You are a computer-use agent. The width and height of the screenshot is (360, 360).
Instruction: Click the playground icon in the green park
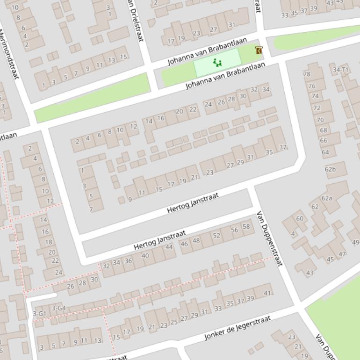coord(217,62)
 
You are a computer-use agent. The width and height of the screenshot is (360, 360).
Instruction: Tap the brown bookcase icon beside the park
coord(259,50)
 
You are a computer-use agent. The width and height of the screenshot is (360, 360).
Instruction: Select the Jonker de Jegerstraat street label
coord(237,328)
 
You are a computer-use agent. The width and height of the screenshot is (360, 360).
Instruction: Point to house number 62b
coord(330,169)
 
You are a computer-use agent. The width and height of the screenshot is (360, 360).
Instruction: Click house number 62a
coord(326,198)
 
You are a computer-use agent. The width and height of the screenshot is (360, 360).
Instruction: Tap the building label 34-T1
coord(340,70)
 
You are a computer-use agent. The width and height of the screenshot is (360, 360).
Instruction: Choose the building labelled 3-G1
coord(39,313)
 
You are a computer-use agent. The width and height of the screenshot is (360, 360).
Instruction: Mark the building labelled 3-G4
coord(58,308)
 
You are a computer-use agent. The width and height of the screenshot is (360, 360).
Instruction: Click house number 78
coord(307,74)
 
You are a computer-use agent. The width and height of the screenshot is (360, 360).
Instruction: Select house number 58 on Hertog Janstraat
coord(246,227)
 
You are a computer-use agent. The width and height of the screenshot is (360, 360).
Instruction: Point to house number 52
coord(216,235)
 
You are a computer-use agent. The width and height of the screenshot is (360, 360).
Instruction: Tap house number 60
coord(300,218)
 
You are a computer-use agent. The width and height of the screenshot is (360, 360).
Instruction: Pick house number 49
coord(355,242)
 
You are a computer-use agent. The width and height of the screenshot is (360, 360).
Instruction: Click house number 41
coord(267,293)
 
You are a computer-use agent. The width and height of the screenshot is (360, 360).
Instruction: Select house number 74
coord(315,96)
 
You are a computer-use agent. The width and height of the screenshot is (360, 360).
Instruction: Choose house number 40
coord(145,256)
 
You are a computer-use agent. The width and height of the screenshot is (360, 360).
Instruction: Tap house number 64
coord(325,152)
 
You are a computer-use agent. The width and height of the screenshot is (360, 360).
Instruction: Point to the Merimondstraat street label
coord(9,54)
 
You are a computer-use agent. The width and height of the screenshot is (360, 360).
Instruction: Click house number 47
coord(342,254)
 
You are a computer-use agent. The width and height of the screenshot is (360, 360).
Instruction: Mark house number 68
coord(323,130)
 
